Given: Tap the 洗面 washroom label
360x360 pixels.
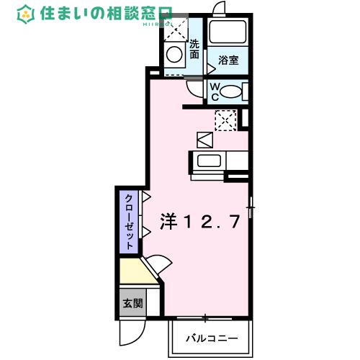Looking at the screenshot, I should coord(194,48).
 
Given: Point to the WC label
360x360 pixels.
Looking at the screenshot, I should coord(215,91).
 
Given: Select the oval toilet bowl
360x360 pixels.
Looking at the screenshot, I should coord(230,91).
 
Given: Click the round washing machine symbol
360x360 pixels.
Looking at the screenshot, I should coord(174,54).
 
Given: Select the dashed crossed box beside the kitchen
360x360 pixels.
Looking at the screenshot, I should coord(226,119).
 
